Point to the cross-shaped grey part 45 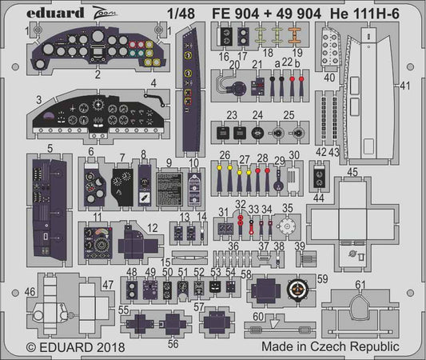click(x=352, y=214)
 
